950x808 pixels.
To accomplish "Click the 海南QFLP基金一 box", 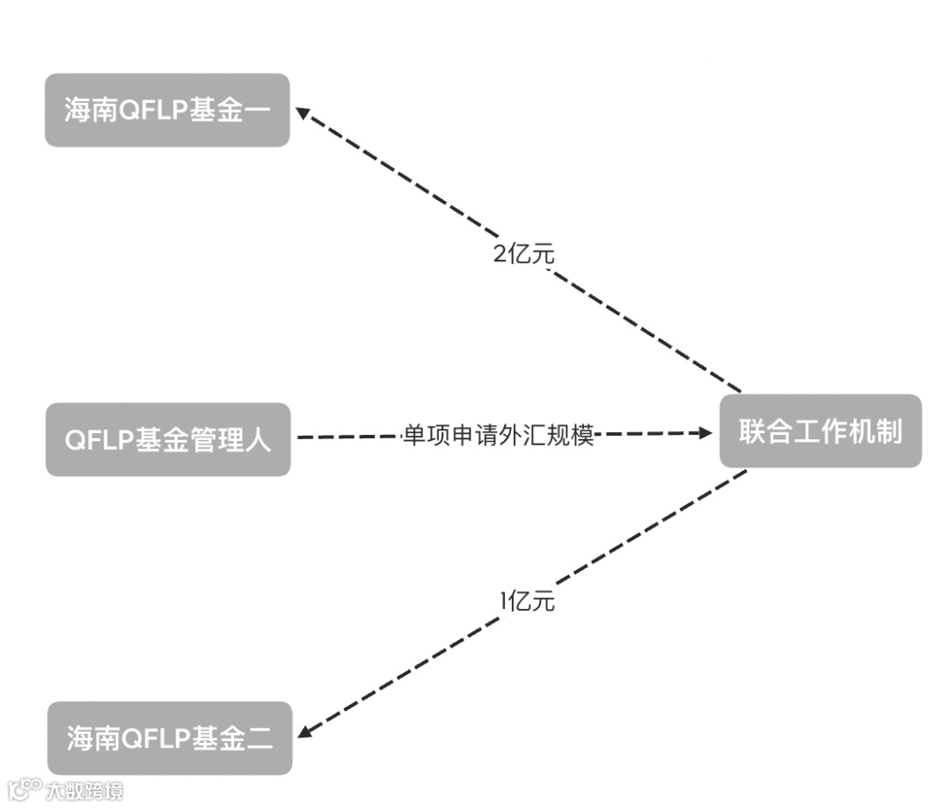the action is [167, 110].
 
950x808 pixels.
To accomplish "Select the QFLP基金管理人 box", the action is [167, 439].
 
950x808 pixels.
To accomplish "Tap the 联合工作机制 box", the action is [820, 431].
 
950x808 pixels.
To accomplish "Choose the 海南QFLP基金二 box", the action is [169, 738].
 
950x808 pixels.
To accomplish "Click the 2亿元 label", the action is [524, 254].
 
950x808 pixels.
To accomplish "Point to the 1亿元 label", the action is [528, 601].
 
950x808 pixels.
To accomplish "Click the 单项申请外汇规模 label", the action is [499, 435].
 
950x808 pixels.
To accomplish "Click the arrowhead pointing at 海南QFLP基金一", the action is [302, 113].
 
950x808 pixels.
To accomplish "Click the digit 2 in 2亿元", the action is [500, 254].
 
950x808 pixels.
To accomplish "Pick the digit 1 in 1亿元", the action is [504, 601].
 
